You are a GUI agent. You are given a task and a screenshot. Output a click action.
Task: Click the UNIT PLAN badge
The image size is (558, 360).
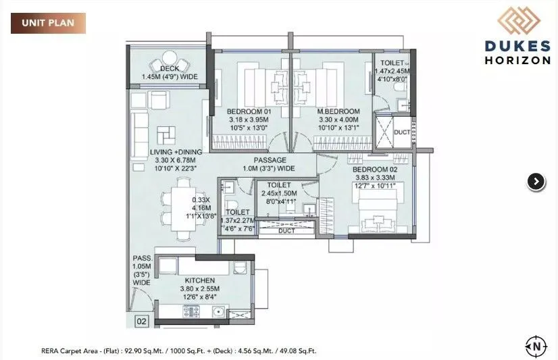pos(48,23)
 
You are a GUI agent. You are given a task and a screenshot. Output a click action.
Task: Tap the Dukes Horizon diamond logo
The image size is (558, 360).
pos(519,20)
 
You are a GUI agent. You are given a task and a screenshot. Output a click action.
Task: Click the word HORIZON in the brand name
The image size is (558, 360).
pos(517,59)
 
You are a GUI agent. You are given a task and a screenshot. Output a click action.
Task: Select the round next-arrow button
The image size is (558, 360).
pos(535,181)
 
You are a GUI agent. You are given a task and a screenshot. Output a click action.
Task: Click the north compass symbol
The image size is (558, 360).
pos(535,346)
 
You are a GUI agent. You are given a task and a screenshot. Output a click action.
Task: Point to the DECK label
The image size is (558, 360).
pos(170,69)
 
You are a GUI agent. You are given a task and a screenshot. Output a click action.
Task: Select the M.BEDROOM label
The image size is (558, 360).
pos(340,111)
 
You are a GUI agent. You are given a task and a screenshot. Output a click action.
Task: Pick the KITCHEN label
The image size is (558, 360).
pos(199,280)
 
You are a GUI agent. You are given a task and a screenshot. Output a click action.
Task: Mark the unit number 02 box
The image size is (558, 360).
pos(141,322)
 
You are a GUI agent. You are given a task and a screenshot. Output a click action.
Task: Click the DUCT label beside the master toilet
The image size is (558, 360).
pos(401,132)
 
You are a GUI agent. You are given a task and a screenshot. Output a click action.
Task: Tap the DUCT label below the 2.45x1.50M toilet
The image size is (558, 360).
pos(286,231)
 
